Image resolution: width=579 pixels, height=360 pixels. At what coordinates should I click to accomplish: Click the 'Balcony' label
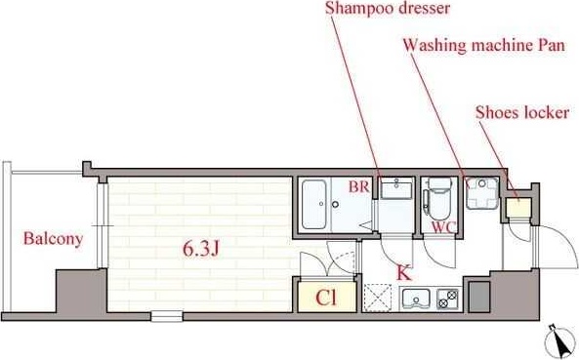coord(54,238)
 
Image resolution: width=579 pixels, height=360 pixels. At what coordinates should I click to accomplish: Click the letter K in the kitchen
coord(403,272)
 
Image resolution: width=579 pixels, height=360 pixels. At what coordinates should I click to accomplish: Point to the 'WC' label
coord(444,227)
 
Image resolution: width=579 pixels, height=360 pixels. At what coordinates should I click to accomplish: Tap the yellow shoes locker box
coord(516,207)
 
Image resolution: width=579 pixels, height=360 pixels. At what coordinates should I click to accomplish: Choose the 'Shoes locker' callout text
coord(521,112)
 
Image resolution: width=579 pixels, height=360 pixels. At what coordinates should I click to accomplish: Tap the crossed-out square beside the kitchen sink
coord(377,300)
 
